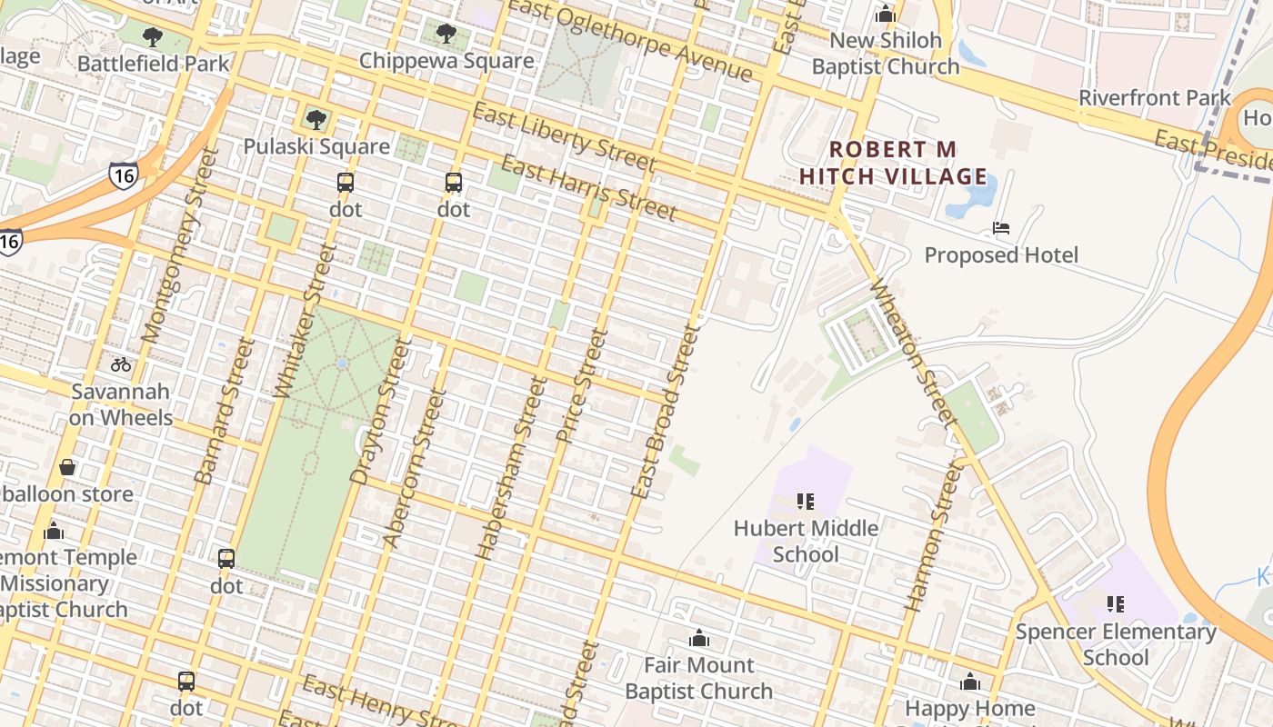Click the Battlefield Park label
click(153, 64)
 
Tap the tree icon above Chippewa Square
click(446, 35)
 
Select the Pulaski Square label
click(316, 146)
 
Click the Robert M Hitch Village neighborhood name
click(893, 163)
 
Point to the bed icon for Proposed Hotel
click(1001, 228)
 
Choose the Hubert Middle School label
click(806, 541)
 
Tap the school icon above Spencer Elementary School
click(1116, 604)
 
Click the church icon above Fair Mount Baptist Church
click(698, 639)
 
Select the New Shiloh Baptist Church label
click(885, 54)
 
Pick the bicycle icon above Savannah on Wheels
click(121, 364)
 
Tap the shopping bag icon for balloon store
click(67, 468)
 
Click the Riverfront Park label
click(1154, 97)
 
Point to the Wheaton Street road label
click(913, 354)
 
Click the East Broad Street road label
click(666, 413)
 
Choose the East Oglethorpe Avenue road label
click(631, 40)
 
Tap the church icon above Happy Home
click(970, 682)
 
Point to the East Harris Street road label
click(588, 189)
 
